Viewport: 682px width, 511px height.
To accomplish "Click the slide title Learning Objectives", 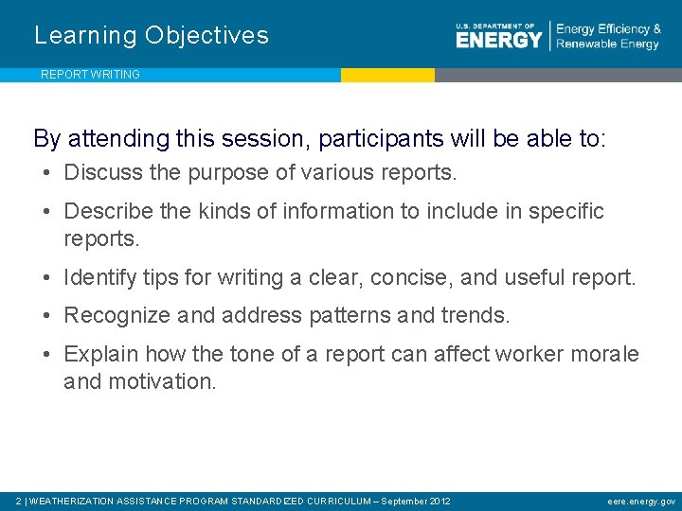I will [x=152, y=36].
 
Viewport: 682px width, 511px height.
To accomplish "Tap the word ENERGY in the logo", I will [x=499, y=40].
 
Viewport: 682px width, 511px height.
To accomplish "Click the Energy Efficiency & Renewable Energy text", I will [x=608, y=37].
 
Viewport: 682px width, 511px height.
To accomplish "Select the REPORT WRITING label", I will [x=90, y=75].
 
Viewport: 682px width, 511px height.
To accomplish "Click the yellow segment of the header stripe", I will [x=387, y=75].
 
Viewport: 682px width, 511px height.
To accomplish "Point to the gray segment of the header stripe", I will [x=558, y=75].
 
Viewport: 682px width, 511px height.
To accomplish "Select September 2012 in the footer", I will [x=415, y=501].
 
